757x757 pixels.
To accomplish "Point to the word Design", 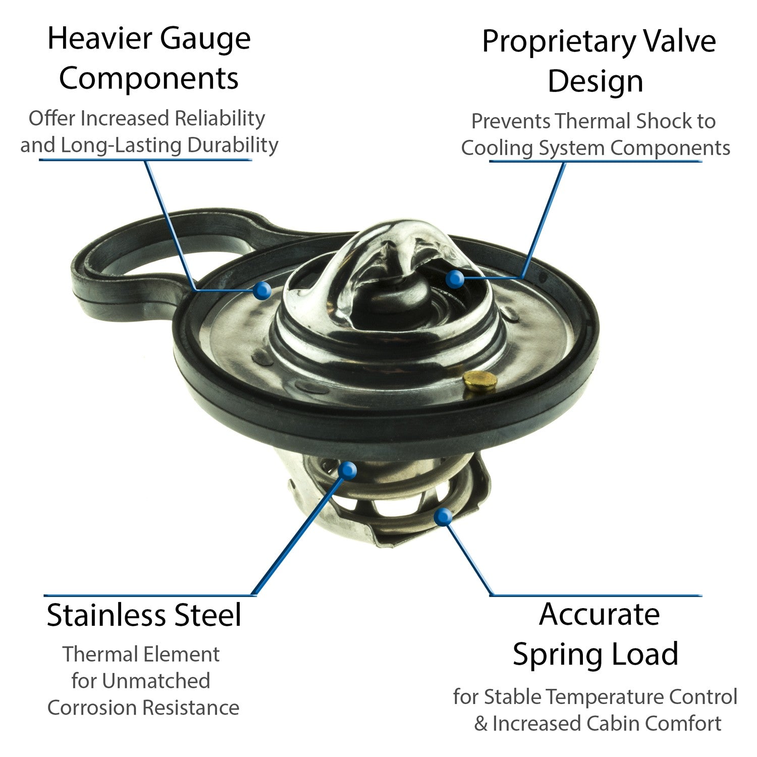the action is (596, 82).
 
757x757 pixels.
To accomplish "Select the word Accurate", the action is (599, 615).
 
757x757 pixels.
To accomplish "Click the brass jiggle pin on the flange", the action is (479, 381).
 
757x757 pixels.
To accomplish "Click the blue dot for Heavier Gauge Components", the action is (262, 290).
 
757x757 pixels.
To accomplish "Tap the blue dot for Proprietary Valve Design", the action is (455, 279).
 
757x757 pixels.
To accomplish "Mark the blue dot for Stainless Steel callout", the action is (347, 470).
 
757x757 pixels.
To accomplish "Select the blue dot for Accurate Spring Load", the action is (443, 517).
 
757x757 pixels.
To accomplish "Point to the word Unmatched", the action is (156, 681).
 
